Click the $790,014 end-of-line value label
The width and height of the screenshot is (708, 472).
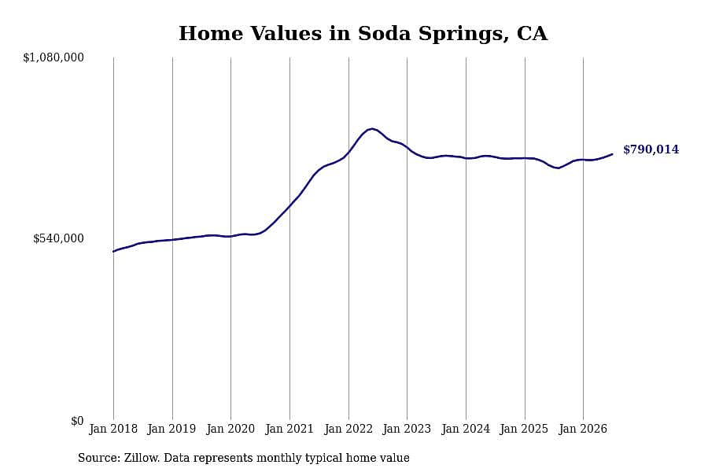click(651, 149)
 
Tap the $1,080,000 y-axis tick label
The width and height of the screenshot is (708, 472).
click(53, 57)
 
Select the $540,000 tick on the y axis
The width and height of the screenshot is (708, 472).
click(58, 238)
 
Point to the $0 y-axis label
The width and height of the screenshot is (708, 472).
click(77, 421)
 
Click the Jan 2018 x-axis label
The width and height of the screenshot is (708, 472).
click(113, 429)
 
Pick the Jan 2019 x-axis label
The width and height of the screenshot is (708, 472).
click(172, 429)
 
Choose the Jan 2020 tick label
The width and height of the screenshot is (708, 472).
click(230, 429)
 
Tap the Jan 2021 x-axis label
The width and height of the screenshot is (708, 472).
click(289, 429)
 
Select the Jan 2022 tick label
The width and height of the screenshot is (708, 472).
click(348, 429)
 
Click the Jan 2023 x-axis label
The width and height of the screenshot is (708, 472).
click(407, 429)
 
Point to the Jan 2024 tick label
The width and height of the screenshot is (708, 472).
click(466, 429)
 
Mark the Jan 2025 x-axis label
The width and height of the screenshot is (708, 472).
click(524, 429)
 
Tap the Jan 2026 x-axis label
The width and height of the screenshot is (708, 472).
click(583, 429)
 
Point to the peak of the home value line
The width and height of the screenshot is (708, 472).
click(371, 129)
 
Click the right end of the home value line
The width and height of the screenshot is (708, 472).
click(612, 154)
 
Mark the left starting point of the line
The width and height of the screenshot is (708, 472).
click(114, 251)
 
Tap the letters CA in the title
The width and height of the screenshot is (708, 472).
click(533, 33)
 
